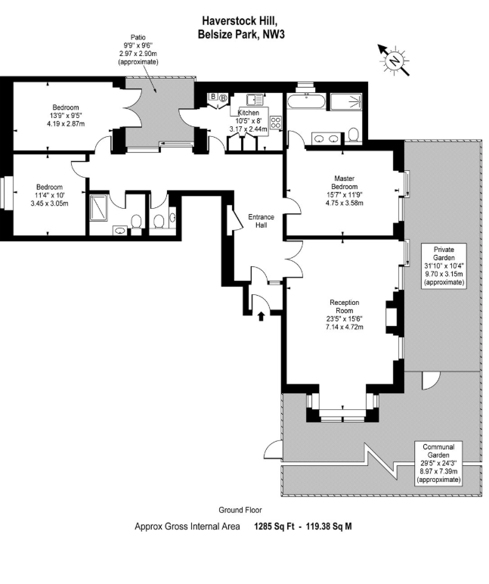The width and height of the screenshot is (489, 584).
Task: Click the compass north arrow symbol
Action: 394,60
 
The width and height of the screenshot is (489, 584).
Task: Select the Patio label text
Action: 138,36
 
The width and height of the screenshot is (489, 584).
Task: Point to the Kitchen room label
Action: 249,112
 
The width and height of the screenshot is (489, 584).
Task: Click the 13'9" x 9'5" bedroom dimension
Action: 65,116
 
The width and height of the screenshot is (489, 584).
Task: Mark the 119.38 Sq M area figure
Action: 323,527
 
